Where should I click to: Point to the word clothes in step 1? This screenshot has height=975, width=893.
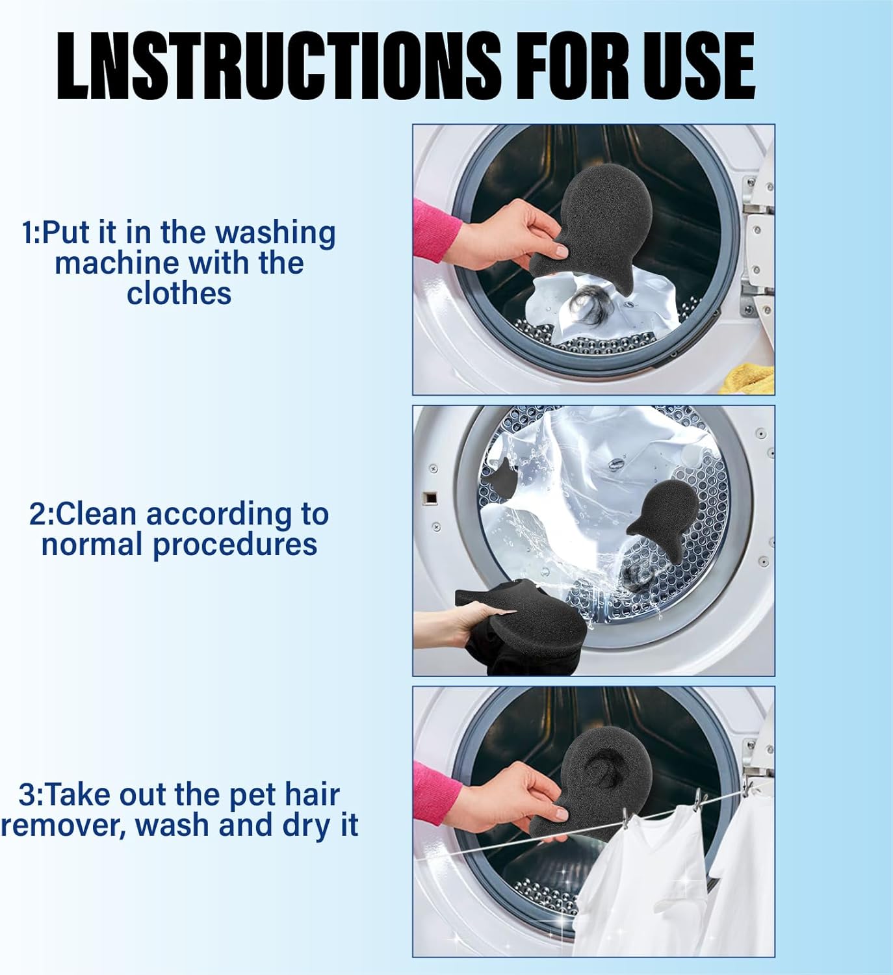(x=179, y=293)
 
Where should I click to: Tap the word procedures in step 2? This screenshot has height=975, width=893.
(x=235, y=545)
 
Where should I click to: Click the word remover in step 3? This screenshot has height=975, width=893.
(x=62, y=825)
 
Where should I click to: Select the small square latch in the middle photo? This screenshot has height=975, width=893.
(x=429, y=499)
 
